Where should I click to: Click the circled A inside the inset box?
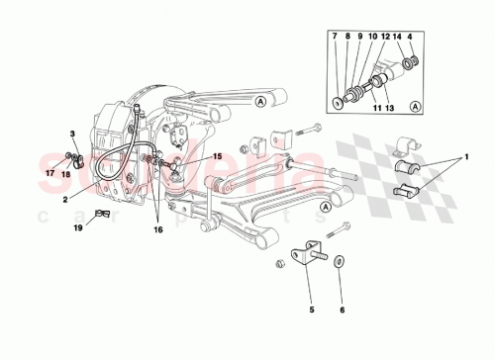tap(415, 106)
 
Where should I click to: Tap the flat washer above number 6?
tap(341, 262)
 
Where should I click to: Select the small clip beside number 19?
tap(101, 215)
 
